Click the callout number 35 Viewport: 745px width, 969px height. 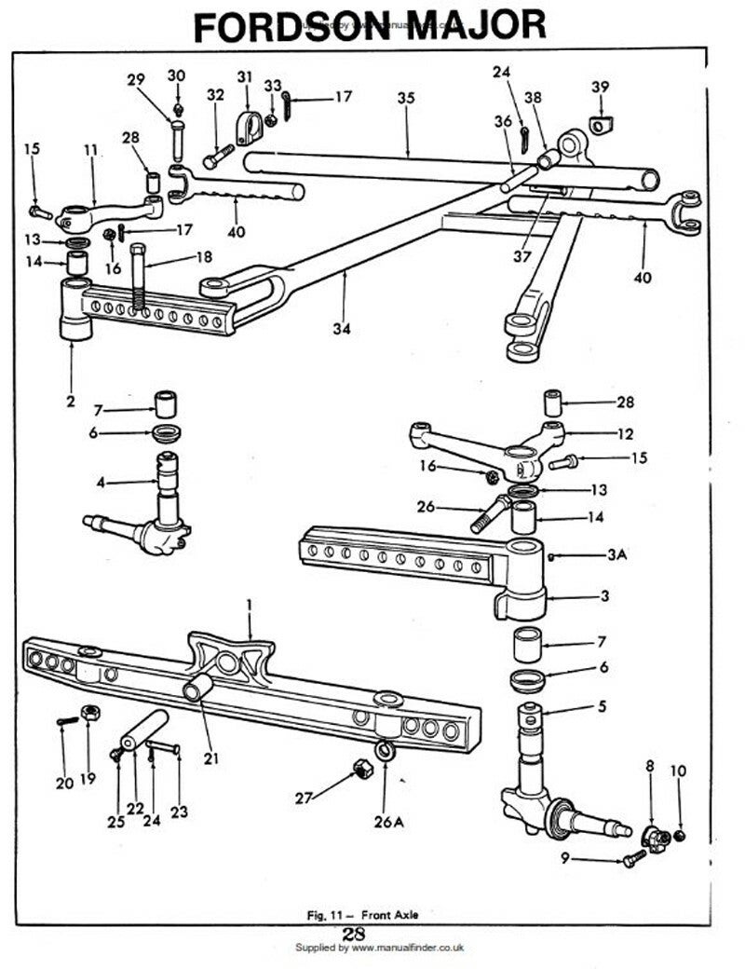point(405,98)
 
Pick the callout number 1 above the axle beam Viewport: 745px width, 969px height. point(249,606)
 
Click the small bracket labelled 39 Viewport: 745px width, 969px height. point(601,122)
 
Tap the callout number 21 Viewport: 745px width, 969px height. point(211,759)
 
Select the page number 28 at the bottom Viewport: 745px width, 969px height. point(353,935)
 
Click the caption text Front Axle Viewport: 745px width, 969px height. point(389,915)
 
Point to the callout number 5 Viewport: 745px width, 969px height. point(603,707)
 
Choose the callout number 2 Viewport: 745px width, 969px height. point(70,402)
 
